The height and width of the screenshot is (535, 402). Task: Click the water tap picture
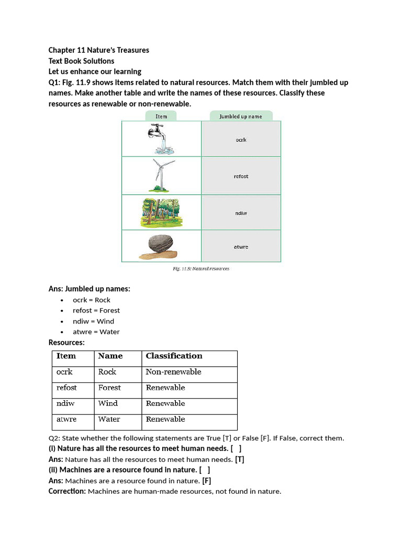click(x=161, y=138)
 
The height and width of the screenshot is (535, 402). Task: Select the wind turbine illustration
click(x=159, y=175)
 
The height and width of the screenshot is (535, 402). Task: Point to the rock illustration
click(x=158, y=247)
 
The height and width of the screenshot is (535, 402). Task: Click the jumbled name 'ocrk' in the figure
click(x=241, y=140)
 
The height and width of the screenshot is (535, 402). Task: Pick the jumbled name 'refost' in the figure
click(x=241, y=177)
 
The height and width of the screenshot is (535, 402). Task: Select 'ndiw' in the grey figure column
click(x=241, y=213)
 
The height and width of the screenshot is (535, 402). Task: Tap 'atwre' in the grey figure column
click(x=241, y=247)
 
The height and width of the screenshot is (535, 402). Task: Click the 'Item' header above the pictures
click(x=161, y=117)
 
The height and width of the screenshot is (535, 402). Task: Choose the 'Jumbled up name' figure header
click(x=240, y=117)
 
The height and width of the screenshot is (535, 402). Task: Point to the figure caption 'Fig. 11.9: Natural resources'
click(x=201, y=269)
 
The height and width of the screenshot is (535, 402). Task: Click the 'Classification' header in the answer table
click(x=174, y=356)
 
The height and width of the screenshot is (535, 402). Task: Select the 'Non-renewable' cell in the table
click(x=173, y=372)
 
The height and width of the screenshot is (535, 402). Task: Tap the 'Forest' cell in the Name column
click(x=109, y=388)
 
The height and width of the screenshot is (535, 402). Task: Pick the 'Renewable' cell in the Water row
click(x=165, y=419)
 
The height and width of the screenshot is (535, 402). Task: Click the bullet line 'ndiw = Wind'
click(x=93, y=321)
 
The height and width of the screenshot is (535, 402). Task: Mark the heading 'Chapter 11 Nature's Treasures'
click(x=99, y=50)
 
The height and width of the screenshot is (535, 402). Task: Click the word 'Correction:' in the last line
click(x=67, y=491)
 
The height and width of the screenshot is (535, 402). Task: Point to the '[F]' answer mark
click(x=206, y=481)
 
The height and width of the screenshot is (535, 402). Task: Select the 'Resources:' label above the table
click(x=66, y=342)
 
